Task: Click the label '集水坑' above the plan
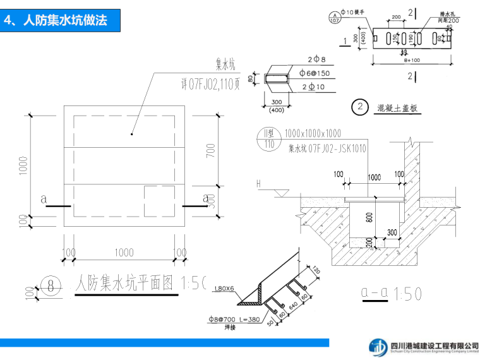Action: coord(225,65)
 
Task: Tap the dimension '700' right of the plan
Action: coord(210,150)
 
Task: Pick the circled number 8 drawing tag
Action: coord(51,286)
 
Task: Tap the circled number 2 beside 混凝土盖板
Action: coord(360,107)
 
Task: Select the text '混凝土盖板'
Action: coord(397,108)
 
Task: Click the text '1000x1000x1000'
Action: coord(313,133)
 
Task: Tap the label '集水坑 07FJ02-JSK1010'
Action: coord(327,149)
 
